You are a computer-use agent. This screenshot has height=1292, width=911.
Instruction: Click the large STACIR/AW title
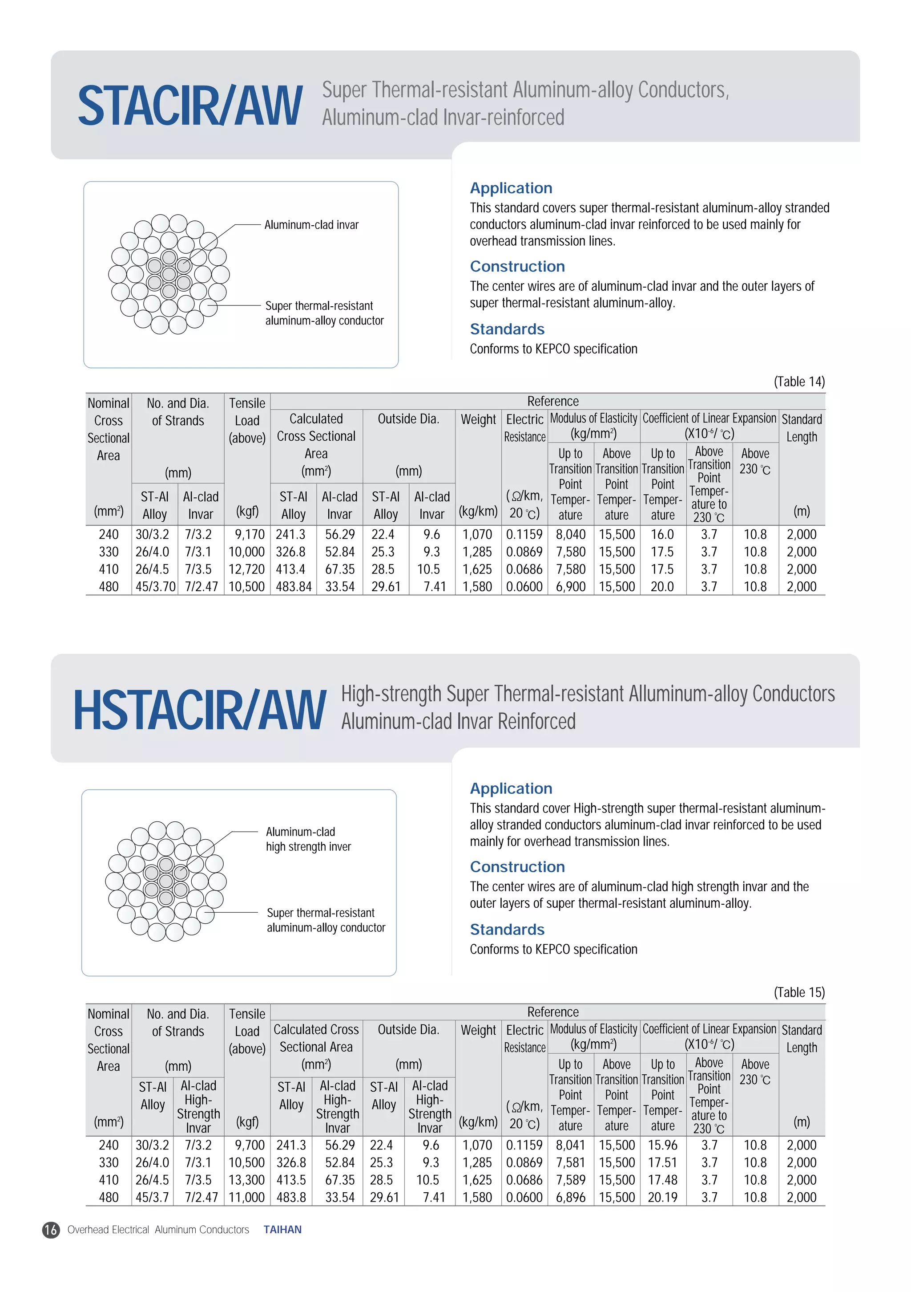tap(190, 106)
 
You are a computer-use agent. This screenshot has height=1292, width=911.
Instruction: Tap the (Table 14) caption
tap(799, 382)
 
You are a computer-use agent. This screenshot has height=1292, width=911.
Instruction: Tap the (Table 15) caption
tap(799, 992)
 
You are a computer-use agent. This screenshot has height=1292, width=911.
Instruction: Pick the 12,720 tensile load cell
tap(246, 569)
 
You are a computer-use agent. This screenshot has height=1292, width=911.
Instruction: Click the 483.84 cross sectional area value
tap(294, 586)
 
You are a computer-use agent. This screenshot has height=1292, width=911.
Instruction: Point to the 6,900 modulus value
tap(571, 586)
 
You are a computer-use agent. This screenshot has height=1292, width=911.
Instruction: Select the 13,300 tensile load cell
tap(246, 1179)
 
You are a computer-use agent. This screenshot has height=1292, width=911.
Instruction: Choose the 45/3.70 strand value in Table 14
tap(156, 586)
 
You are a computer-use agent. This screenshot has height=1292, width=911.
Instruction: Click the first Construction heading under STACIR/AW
tap(517, 266)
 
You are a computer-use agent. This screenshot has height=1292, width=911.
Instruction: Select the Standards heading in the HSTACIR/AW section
tap(507, 929)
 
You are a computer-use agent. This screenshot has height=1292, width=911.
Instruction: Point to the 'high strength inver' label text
tap(308, 846)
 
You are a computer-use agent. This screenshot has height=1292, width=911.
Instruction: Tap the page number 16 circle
tap(51, 1230)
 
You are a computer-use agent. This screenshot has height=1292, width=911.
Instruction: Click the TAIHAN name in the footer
tap(282, 1230)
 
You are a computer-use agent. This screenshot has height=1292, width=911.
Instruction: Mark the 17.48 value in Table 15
tap(662, 1179)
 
